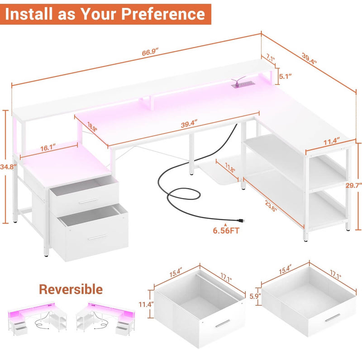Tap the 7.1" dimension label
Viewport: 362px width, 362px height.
click(x=271, y=57)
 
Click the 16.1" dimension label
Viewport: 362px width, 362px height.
click(x=47, y=147)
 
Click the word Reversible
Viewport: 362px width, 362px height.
click(x=70, y=289)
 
